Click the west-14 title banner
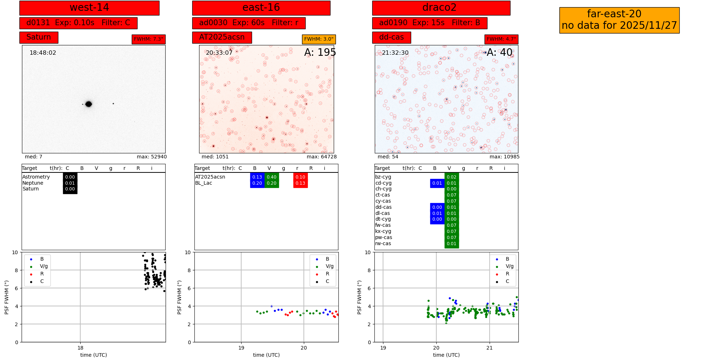tap(89, 8)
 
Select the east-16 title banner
tap(261, 8)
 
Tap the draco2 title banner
tap(441, 8)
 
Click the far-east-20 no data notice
tap(619, 20)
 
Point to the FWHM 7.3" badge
tap(148, 39)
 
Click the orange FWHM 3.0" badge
tap(319, 39)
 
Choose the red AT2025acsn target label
tap(222, 37)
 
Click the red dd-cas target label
tap(391, 37)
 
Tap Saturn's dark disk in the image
tap(89, 104)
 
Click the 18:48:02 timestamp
tap(43, 53)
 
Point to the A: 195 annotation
tap(320, 53)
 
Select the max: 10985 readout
tap(504, 157)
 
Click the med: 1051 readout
tap(215, 157)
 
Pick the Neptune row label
tap(33, 183)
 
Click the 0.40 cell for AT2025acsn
tap(271, 177)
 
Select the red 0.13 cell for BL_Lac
tap(300, 183)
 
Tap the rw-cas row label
tap(383, 244)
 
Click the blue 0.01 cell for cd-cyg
tap(437, 183)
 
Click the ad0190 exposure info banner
tap(429, 23)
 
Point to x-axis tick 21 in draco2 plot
tap(489, 348)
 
